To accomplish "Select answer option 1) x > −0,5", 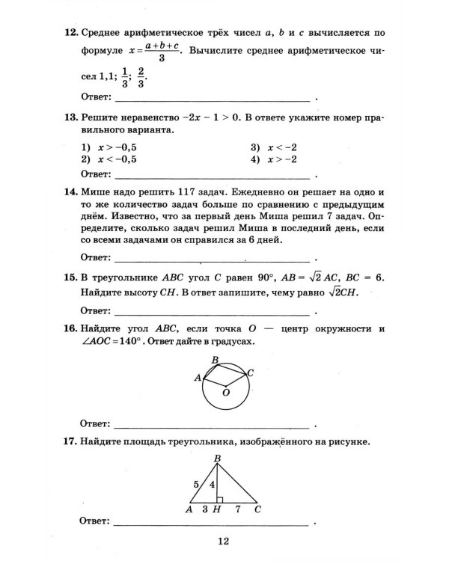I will click(112, 147).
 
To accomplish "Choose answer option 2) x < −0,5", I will click(112, 159).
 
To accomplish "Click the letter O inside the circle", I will click(225, 391).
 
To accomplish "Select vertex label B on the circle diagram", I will click(215, 361).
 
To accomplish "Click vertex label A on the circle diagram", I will click(198, 378).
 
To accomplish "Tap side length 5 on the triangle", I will click(196, 484).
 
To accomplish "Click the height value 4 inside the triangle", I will click(211, 485).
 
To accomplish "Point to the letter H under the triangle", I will click(216, 509).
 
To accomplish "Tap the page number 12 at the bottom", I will click(222, 542).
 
